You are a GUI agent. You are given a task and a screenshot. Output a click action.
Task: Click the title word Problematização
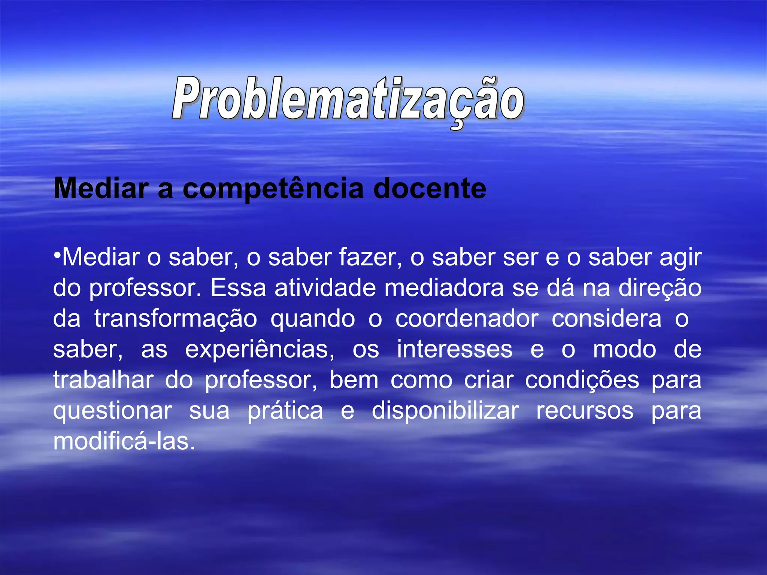[348, 99]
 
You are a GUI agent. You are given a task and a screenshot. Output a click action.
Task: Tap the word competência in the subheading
[273, 188]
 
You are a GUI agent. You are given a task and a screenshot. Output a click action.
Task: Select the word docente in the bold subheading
[430, 188]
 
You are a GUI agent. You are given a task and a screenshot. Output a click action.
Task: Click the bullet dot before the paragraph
[57, 255]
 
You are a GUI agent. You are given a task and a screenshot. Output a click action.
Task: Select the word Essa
[238, 288]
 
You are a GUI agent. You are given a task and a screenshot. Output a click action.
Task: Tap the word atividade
[325, 288]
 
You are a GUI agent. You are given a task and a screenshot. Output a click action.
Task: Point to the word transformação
[176, 319]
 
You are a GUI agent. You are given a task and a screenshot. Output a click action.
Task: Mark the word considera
[606, 319]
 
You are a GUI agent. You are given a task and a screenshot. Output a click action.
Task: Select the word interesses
[455, 349]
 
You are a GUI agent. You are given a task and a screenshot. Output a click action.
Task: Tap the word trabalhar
[103, 380]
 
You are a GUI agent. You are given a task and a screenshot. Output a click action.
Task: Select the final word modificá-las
[124, 441]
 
